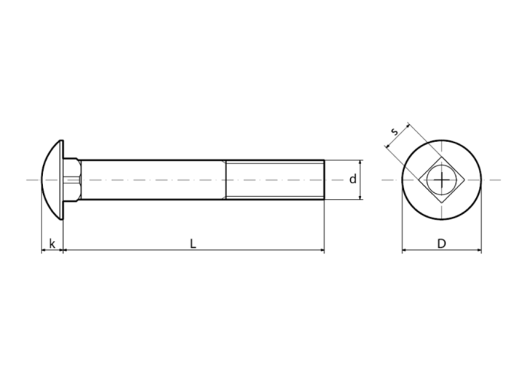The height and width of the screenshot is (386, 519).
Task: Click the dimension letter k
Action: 51,243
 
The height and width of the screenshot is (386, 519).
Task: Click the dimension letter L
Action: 193,243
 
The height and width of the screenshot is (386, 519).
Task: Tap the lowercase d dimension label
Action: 353,179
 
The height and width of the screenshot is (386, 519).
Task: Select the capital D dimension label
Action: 441,243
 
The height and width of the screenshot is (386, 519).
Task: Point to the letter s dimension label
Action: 395,132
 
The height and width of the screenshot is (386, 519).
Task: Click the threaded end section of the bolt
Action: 274,180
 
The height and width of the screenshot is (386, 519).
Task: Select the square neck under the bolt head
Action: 71,180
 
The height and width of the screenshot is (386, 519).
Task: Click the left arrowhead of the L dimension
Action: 67,251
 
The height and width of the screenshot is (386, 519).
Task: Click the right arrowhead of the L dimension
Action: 320,251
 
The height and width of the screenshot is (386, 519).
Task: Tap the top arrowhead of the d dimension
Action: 361,163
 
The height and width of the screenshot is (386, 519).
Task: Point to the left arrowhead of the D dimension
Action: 406,251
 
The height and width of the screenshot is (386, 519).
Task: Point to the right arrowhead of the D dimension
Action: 477,251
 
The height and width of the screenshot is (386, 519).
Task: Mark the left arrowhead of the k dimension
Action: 43,251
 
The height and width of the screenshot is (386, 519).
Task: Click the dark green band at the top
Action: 259,36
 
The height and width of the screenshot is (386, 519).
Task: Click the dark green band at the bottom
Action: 259,349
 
